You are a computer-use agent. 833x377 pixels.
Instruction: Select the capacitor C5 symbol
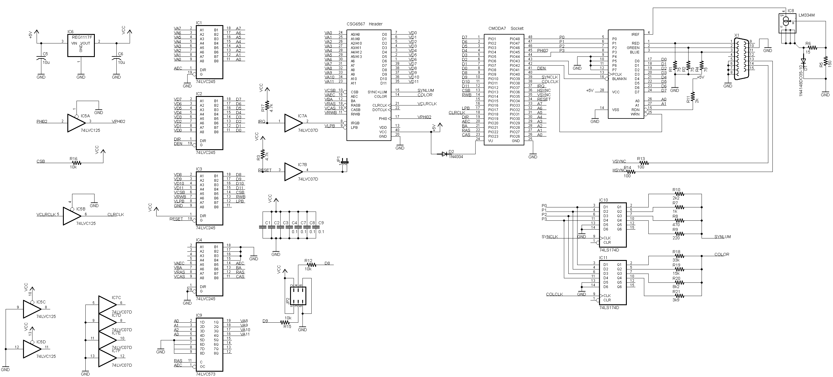coord(41,59)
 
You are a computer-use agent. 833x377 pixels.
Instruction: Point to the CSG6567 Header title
coord(365,24)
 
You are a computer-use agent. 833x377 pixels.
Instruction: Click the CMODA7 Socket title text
coord(506,28)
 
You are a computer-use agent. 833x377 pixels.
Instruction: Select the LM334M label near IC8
coord(806,15)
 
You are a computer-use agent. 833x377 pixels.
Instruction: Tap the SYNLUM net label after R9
coord(723,237)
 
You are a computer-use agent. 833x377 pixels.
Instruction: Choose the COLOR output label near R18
coord(722,254)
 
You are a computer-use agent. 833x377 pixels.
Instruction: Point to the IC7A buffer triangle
coord(293,123)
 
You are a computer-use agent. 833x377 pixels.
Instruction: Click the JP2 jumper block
coord(298,295)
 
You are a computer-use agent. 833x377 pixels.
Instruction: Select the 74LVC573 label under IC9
coord(205,374)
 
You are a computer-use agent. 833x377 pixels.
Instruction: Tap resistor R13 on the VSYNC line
coord(643,163)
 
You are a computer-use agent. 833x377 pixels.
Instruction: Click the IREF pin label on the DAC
coord(635,34)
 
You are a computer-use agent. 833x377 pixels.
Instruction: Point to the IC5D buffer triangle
coord(32,349)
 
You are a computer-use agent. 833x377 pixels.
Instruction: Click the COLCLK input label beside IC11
coord(554,294)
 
